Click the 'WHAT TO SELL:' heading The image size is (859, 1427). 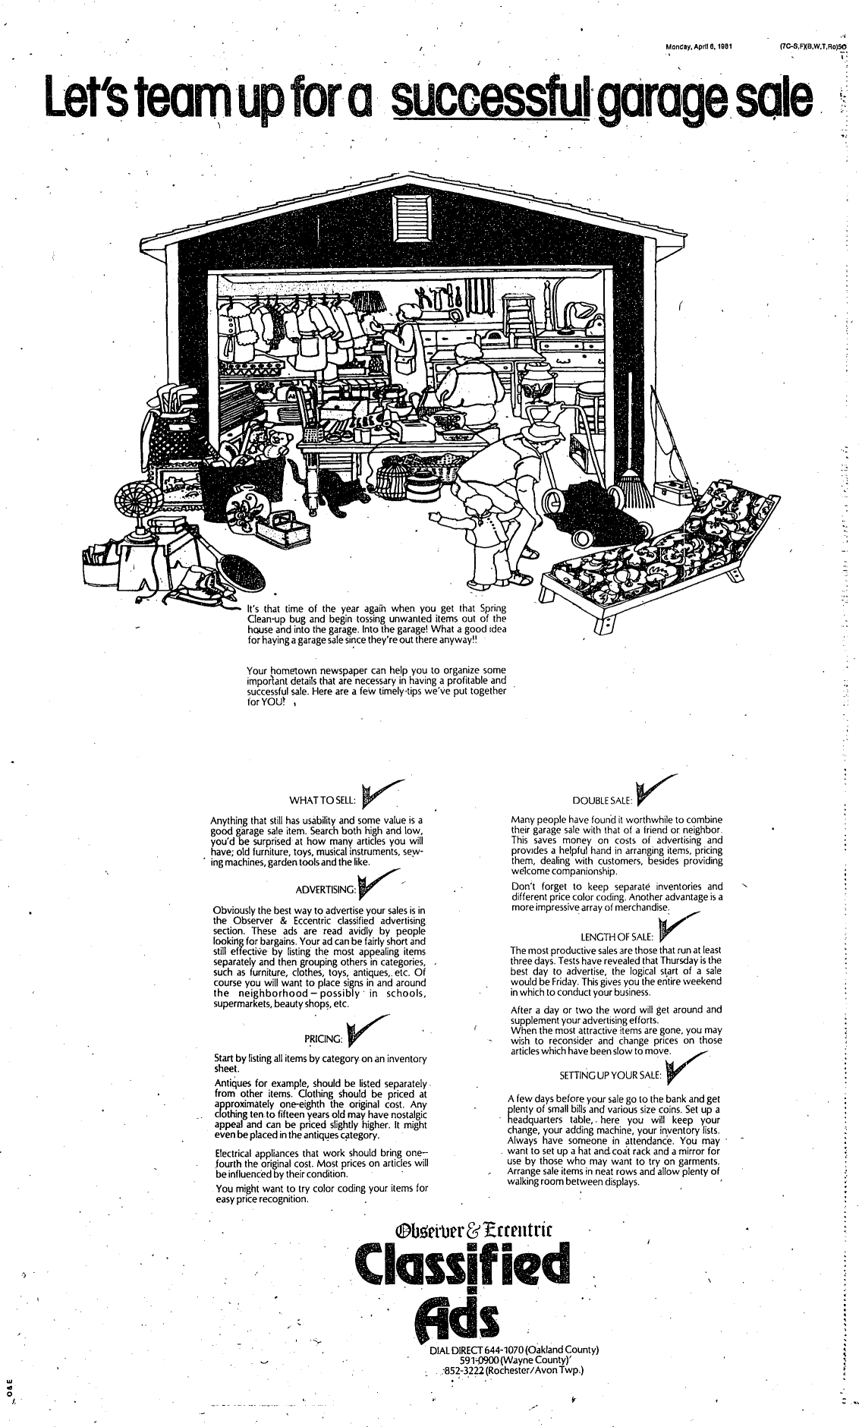coord(318,801)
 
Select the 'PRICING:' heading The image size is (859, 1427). coord(324,1038)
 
